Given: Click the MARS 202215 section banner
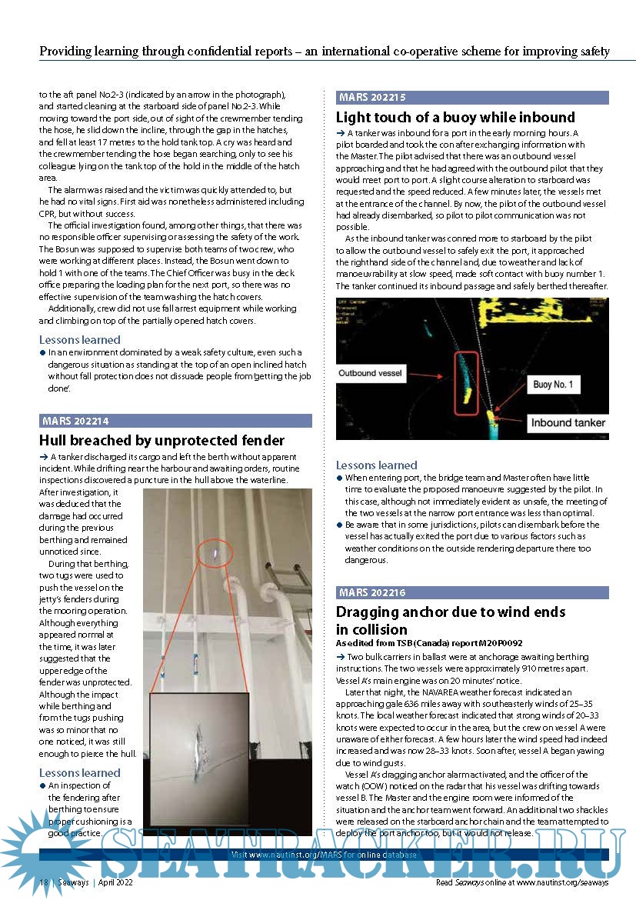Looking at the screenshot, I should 472,98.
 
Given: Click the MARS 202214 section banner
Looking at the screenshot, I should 175,421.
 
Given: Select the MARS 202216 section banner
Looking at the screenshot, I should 472,592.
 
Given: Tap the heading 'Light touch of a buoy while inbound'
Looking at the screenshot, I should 455,117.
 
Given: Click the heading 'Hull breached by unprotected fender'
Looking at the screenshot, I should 161,440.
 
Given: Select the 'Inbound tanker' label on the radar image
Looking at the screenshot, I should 568,422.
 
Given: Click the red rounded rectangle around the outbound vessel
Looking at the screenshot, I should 467,383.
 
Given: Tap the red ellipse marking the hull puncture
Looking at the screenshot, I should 217,551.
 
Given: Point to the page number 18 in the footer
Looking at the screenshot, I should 45,884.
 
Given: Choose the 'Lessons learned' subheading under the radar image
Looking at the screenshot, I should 377,465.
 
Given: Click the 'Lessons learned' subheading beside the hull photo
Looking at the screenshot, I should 80,772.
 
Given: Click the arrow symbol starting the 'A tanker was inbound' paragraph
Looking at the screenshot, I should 341,134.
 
